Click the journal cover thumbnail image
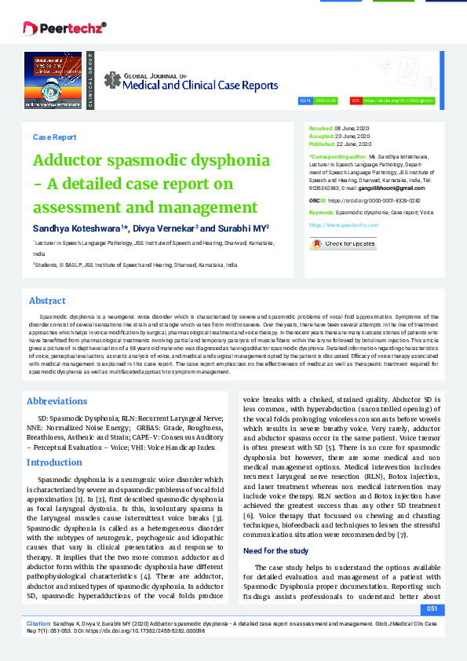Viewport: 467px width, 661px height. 53,79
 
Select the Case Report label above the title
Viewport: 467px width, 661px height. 54,137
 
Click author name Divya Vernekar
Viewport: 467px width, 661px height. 164,228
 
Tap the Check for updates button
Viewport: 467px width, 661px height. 343,243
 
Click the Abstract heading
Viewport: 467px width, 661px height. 47,301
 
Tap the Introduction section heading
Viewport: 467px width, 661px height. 54,462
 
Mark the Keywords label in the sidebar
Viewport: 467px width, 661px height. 323,213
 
